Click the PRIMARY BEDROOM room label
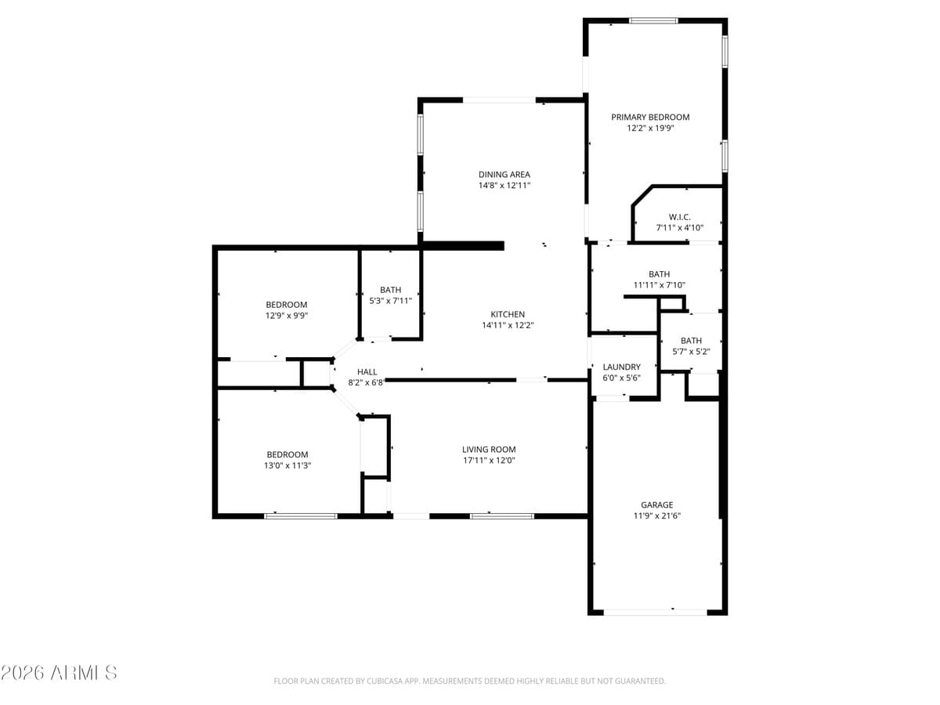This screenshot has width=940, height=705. [650, 117]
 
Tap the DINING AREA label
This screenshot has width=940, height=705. [504, 175]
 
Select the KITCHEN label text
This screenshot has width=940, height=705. [508, 314]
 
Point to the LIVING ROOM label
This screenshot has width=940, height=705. [489, 450]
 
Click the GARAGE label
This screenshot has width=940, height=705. [656, 505]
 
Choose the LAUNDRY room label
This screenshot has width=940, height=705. [622, 367]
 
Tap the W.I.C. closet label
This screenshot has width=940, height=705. [679, 217]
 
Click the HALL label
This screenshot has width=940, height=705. [367, 372]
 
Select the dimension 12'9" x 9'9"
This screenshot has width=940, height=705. [287, 316]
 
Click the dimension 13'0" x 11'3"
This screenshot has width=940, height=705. [287, 465]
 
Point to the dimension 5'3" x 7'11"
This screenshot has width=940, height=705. [390, 300]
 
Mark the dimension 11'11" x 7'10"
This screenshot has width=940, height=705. [659, 285]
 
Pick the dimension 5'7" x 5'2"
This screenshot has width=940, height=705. [691, 352]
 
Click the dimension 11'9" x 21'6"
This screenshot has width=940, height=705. [656, 516]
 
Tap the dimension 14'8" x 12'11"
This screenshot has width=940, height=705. [504, 186]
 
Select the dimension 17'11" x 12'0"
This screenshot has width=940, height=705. [489, 461]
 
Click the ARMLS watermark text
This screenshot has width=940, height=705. [59, 672]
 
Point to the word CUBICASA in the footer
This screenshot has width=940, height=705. [385, 681]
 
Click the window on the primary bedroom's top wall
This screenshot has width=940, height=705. [653, 20]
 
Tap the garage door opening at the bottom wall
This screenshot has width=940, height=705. [655, 612]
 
